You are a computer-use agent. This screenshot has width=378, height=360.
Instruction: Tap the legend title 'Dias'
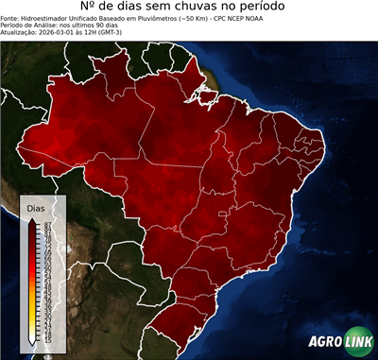coord(35,207)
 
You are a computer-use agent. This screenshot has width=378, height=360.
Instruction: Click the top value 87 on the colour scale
coord(46,223)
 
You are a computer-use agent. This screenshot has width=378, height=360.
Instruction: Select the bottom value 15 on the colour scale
coord(46,337)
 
